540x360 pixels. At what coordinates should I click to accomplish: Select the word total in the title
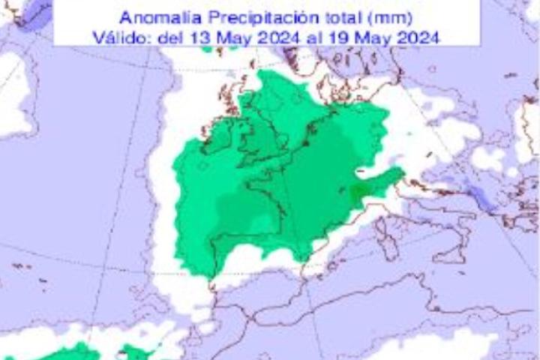point(328,17)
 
